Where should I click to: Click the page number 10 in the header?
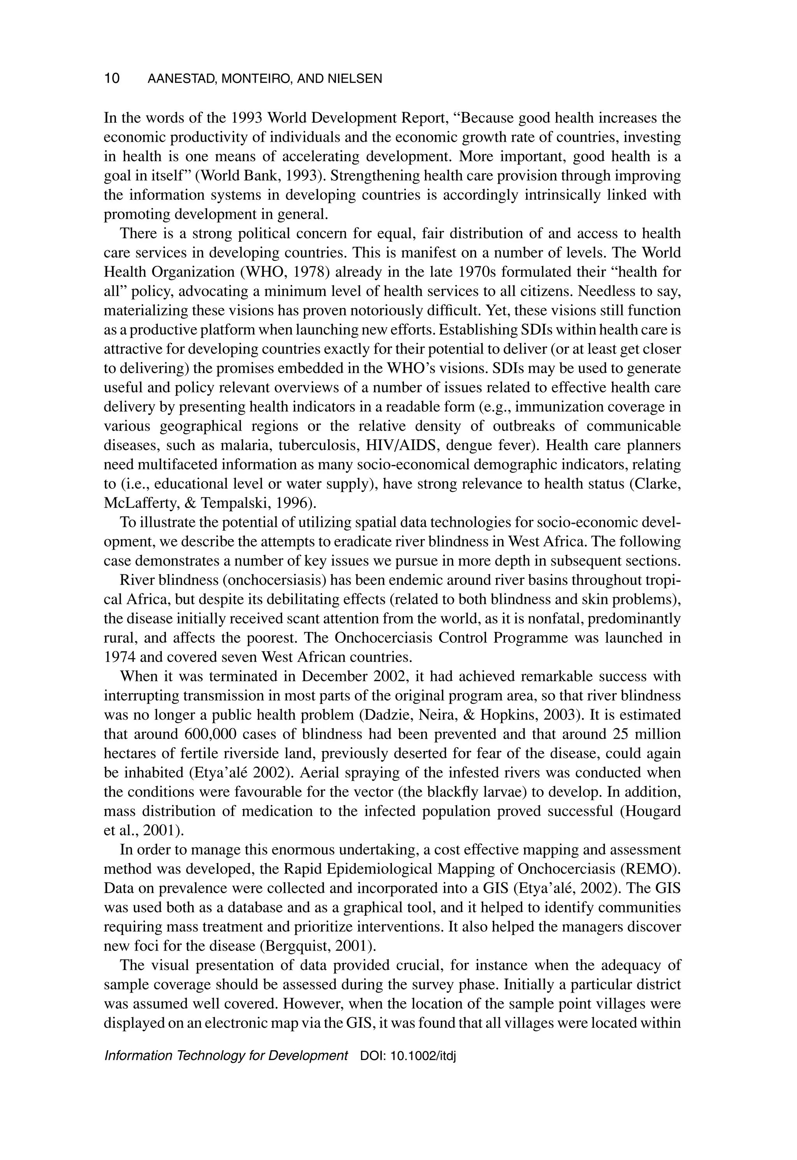[x=112, y=78]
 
